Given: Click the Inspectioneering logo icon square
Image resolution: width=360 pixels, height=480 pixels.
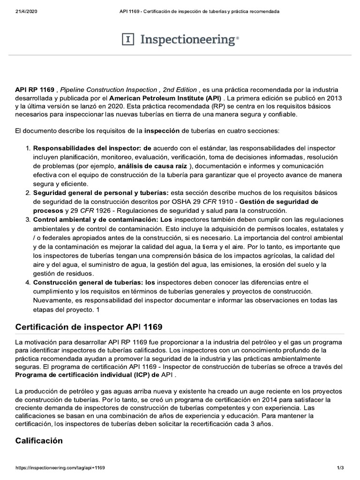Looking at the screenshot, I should coord(128,40).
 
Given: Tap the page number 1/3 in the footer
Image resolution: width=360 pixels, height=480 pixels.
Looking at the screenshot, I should coord(341,468).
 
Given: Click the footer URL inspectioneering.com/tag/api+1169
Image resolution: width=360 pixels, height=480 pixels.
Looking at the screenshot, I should coord(60,468).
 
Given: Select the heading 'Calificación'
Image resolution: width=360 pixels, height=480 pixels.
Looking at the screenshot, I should coord(39,441).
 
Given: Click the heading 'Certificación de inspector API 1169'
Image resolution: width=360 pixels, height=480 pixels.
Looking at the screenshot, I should coord(89,326).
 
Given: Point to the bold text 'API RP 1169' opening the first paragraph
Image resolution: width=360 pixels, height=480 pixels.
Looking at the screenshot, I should coord(35,90).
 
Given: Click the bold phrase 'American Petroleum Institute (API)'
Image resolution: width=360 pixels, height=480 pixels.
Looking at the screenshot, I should coord(165,98).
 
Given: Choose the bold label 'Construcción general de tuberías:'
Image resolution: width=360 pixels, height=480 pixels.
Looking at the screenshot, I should coord(94,282).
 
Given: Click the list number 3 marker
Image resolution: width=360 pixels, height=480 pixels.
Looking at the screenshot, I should coord(28,219).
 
